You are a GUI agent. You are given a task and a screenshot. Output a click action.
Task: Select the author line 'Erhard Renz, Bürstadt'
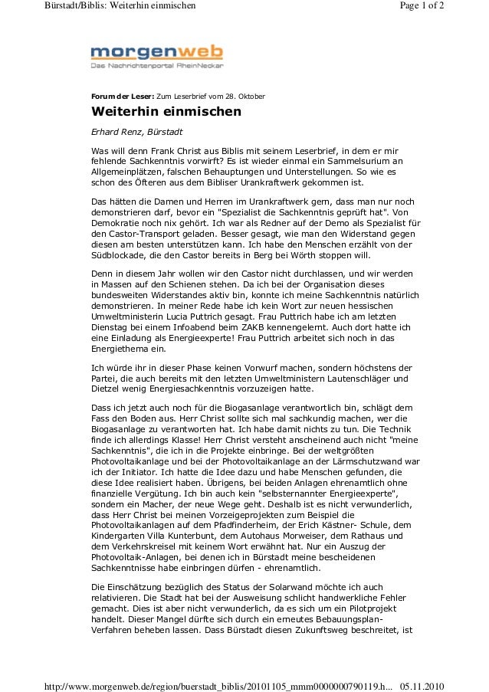(x=131, y=131)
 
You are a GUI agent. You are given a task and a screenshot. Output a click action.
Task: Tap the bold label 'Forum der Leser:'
(x=122, y=97)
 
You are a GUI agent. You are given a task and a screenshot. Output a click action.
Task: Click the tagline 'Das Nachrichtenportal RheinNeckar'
(x=156, y=67)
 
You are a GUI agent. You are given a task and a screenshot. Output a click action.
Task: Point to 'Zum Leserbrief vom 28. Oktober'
(x=211, y=97)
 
